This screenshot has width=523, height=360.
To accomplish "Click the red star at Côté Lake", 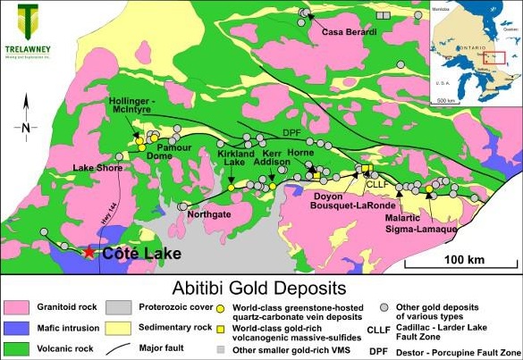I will pos(91,253).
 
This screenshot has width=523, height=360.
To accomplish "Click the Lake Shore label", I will pos(98,167).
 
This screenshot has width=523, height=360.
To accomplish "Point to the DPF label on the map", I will pos(293,133).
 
